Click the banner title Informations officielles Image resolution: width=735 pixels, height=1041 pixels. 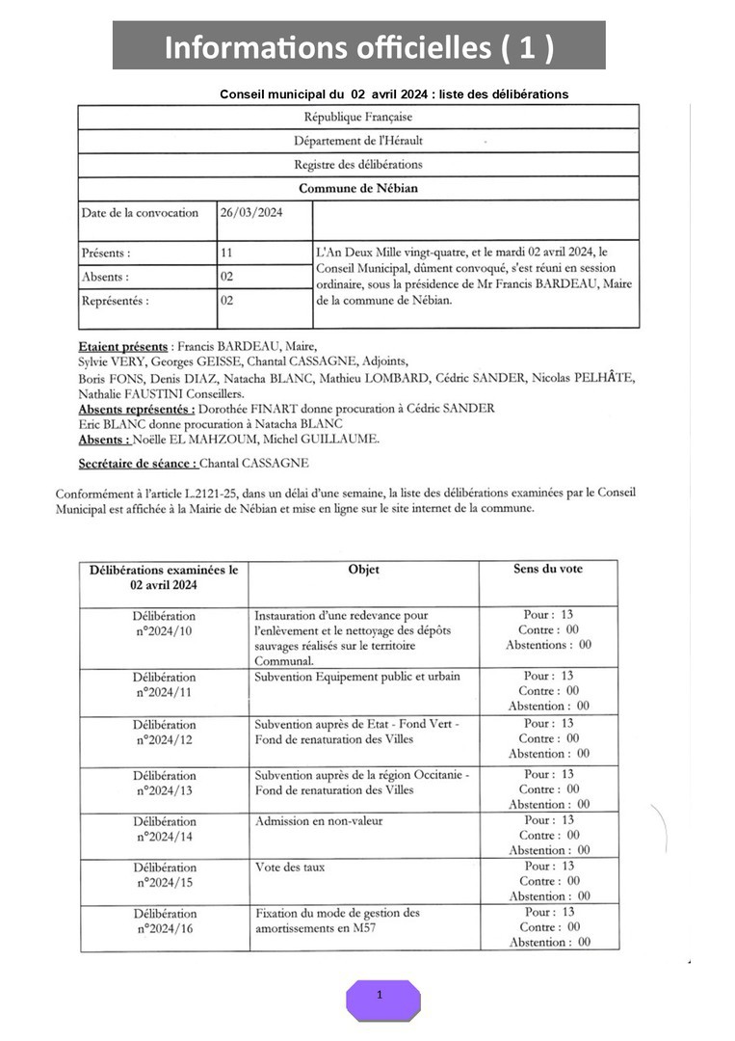(358, 47)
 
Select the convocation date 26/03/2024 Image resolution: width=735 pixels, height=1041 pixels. (251, 213)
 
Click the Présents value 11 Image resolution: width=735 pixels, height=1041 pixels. (227, 253)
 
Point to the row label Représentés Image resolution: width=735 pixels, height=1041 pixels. (115, 301)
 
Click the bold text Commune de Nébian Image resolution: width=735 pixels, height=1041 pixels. (357, 189)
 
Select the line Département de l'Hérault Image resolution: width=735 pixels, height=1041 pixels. (357, 141)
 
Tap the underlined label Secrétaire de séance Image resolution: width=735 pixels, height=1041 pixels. (138, 464)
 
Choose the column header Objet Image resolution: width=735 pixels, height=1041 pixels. (363, 570)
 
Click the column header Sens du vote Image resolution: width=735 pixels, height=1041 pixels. (548, 570)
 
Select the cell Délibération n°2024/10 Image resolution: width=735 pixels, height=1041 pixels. (164, 624)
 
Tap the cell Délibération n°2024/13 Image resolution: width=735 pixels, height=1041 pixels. (164, 783)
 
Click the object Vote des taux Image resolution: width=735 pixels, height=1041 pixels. (290, 867)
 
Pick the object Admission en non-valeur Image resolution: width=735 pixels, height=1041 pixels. (317, 821)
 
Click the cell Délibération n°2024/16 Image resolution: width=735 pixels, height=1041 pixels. (164, 921)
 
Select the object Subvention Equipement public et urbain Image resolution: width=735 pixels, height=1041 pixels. (356, 677)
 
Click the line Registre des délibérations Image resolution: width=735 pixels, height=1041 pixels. (357, 165)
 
